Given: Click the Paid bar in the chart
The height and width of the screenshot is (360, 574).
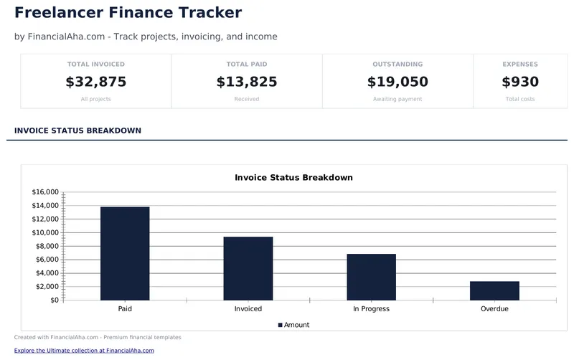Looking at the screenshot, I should [x=125, y=253].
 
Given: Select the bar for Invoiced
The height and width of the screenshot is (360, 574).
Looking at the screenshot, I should [x=248, y=268].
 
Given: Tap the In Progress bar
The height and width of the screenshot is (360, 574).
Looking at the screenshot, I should [x=371, y=277].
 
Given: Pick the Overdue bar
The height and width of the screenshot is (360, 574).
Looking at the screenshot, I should [x=494, y=290].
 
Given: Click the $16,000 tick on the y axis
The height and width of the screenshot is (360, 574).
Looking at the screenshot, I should [x=45, y=192].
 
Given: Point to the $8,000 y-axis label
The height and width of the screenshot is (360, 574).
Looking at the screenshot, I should [x=47, y=246].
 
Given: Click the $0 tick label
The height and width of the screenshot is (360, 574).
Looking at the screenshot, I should [x=52, y=300].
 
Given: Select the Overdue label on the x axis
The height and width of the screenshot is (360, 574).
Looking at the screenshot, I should [x=494, y=309].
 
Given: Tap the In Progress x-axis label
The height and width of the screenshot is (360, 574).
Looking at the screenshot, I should [x=371, y=309].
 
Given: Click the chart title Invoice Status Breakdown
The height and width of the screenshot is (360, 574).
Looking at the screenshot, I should [x=293, y=177].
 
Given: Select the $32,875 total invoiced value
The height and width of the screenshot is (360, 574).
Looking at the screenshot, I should [x=96, y=82].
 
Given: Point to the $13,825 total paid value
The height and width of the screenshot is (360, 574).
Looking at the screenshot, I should [x=247, y=82].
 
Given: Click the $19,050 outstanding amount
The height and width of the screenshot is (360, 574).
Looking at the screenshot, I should [x=397, y=82].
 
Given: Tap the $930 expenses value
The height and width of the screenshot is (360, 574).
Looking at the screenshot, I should [x=520, y=82].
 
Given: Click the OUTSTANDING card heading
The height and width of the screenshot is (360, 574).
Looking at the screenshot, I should [x=397, y=65].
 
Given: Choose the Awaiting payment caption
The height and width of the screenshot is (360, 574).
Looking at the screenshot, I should [x=397, y=99].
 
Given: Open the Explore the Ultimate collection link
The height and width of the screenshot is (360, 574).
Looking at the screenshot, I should [x=84, y=351].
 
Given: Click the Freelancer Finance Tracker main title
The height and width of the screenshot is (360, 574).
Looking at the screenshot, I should [x=128, y=12].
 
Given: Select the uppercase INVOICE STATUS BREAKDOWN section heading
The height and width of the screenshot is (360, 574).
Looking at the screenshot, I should [x=77, y=131].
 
